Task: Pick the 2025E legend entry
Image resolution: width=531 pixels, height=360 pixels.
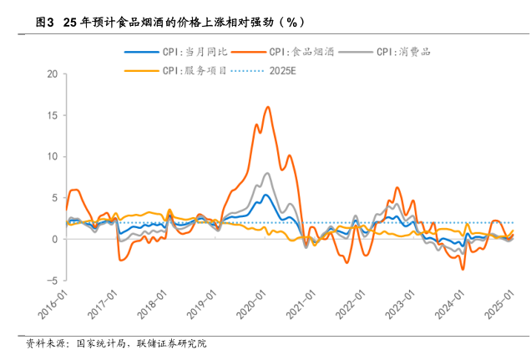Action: [283, 70]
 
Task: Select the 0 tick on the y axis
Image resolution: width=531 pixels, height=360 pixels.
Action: [54, 239]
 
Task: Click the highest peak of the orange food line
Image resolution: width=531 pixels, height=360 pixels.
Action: [267, 107]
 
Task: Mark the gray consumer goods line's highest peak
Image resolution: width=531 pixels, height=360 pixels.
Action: [267, 173]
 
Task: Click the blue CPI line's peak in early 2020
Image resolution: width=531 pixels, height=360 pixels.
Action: [265, 195]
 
